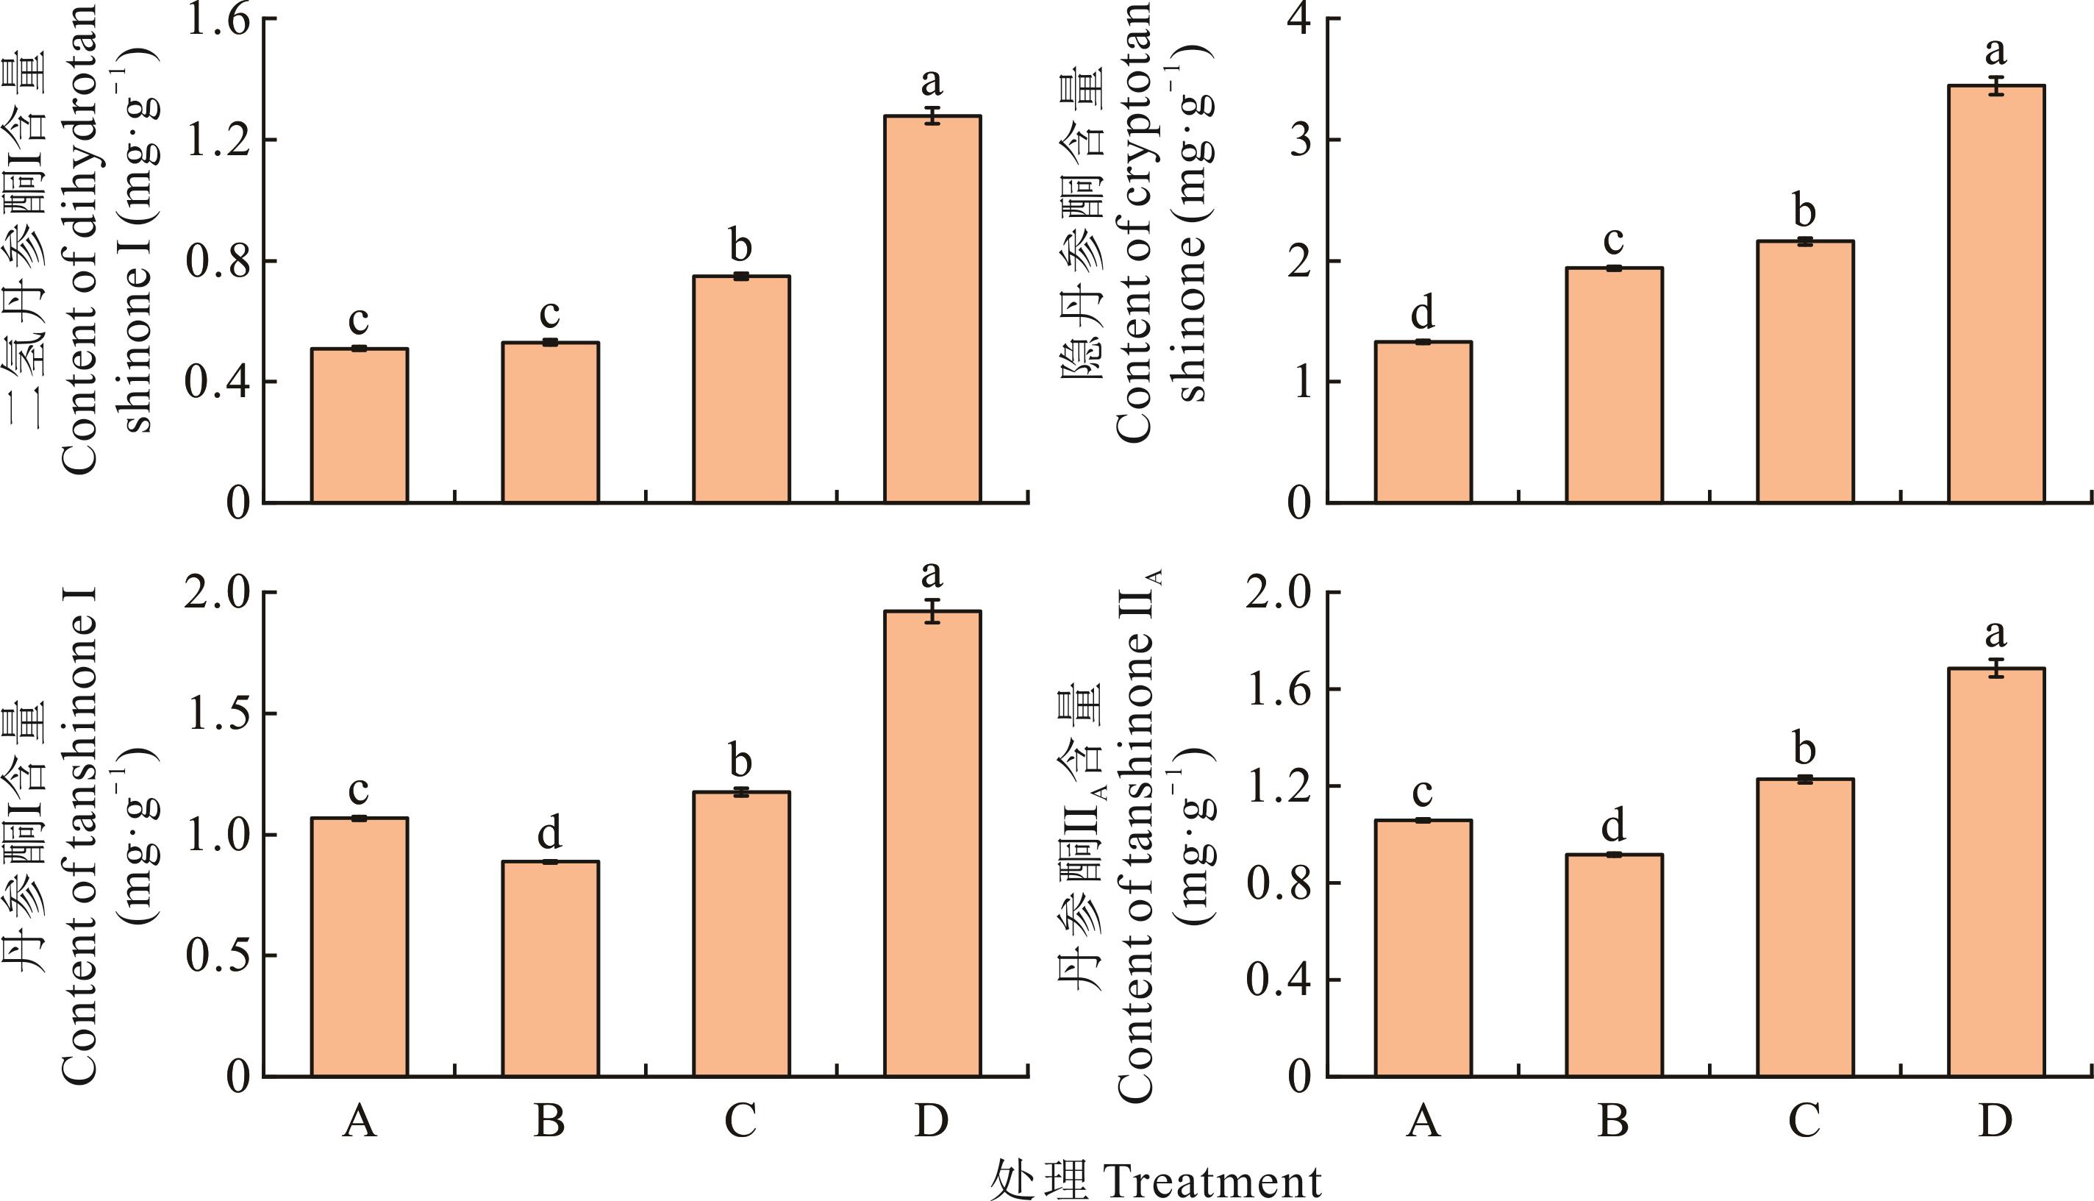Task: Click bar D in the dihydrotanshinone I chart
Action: click(x=932, y=310)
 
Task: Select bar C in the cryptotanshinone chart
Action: click(x=1806, y=371)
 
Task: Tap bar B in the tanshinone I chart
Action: click(x=550, y=969)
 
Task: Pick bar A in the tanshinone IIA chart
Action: click(x=1423, y=949)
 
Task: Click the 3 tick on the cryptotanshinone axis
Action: click(x=1301, y=140)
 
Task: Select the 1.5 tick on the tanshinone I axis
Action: click(x=218, y=714)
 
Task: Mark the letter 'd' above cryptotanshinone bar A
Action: click(x=1423, y=313)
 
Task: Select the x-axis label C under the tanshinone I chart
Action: click(x=740, y=1121)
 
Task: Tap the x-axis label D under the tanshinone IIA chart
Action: click(x=1995, y=1121)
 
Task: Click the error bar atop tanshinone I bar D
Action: click(x=932, y=611)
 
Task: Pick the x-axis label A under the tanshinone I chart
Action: click(x=360, y=1121)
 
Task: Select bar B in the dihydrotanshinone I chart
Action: click(x=550, y=422)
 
